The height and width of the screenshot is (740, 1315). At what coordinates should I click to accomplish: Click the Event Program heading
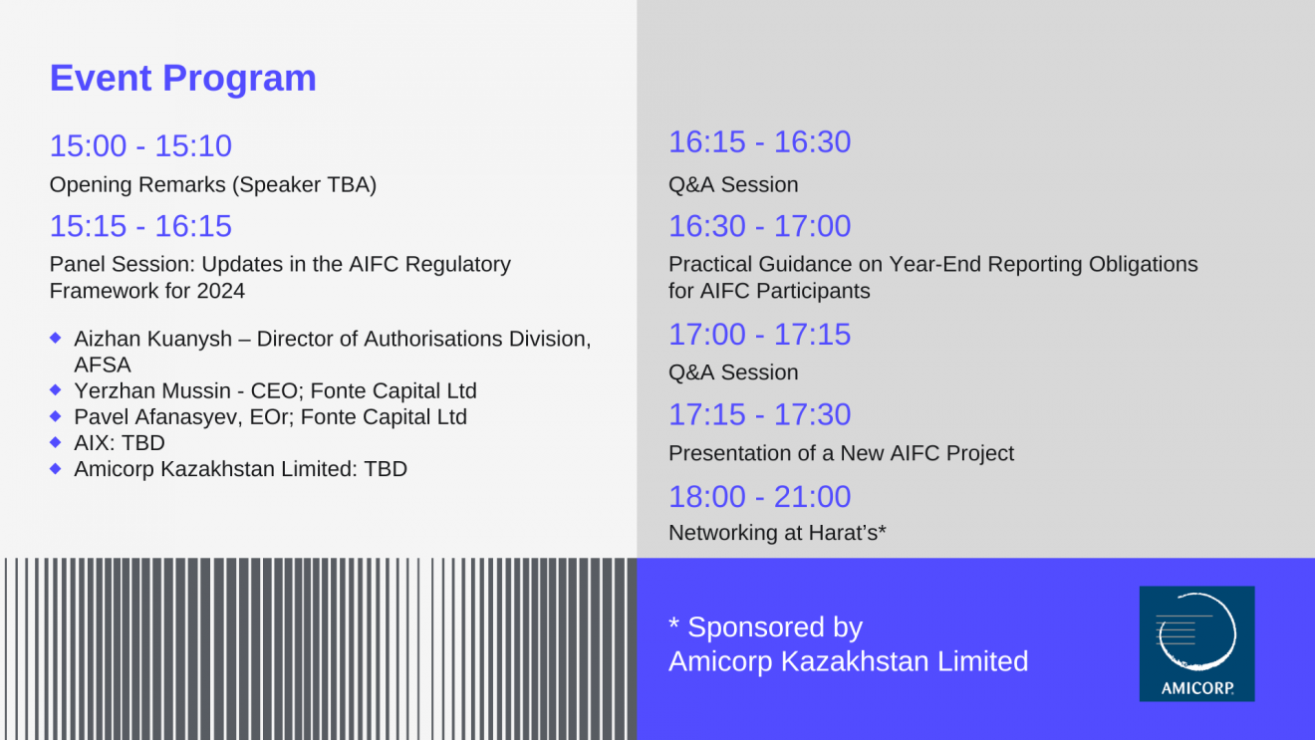[183, 78]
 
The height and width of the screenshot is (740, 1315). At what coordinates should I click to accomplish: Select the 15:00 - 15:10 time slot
[140, 145]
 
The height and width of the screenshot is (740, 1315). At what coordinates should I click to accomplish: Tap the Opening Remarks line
[212, 185]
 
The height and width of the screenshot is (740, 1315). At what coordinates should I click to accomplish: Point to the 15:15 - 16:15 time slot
[140, 226]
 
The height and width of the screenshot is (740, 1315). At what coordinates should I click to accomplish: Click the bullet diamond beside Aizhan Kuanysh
[56, 338]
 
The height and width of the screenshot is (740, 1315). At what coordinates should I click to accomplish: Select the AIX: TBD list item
[120, 443]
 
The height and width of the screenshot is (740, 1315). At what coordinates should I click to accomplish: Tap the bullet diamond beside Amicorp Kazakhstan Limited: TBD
[56, 468]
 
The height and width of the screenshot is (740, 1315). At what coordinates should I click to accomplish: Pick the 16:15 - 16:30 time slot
[760, 142]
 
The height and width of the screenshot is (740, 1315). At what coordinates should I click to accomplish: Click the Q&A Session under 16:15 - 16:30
[733, 185]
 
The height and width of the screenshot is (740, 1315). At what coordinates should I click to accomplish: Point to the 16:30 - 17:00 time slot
[760, 226]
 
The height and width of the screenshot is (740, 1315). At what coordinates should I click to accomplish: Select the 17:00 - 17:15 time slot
[760, 335]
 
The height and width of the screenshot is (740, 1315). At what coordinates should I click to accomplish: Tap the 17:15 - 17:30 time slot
[760, 415]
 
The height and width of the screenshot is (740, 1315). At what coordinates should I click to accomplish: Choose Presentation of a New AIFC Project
[841, 453]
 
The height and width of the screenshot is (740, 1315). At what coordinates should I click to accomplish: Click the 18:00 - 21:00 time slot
[760, 496]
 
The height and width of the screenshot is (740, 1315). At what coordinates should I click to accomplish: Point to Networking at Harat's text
[777, 533]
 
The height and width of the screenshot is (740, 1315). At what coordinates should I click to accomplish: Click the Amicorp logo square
[1197, 643]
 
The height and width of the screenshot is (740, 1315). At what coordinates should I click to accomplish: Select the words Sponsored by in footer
[775, 627]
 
